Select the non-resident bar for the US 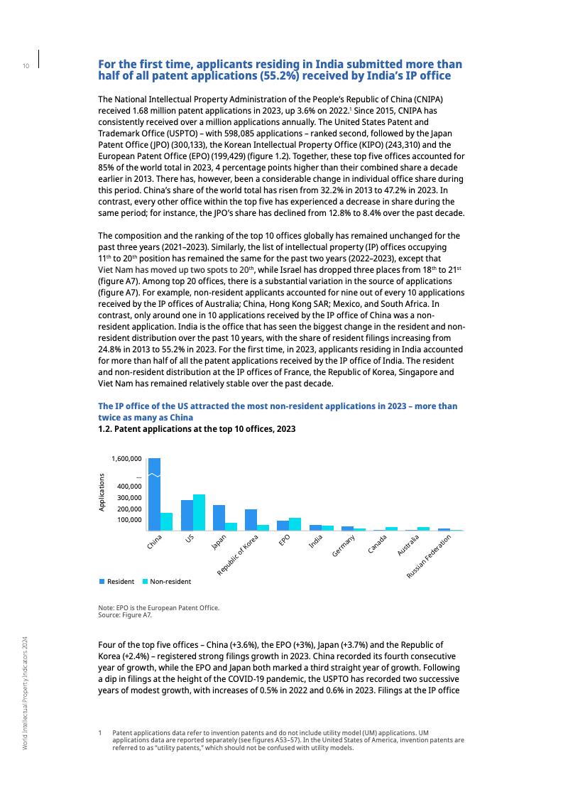[199, 512]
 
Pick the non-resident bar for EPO [295, 524]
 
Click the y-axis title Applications [102, 492]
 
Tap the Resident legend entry [117, 582]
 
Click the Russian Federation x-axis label [430, 555]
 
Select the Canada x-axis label [377, 544]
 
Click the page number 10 [26, 66]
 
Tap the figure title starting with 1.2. [197, 430]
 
